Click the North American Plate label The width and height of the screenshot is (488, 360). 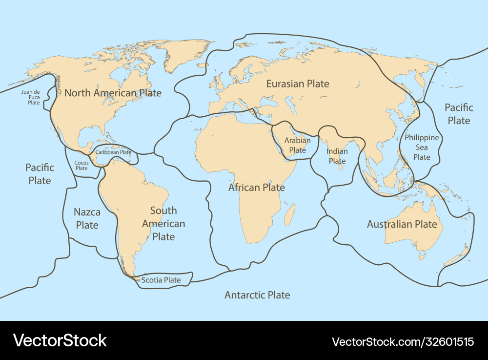coord(113,93)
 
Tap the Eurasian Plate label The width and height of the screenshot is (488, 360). coord(298,84)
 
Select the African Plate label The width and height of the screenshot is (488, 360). coord(257,187)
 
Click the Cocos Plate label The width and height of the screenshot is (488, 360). coord(81,166)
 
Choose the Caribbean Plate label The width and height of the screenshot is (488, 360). coord(113,152)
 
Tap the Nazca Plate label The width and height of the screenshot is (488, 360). coord(87,218)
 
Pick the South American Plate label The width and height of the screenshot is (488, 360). coord(163,223)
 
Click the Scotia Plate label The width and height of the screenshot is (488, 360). coord(161,280)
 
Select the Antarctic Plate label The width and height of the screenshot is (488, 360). coord(257,295)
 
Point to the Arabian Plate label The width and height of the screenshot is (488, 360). coord(297,145)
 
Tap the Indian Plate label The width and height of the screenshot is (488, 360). coord(337,156)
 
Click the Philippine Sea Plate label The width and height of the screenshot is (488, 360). coord(422,147)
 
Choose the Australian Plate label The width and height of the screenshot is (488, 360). coord(402,224)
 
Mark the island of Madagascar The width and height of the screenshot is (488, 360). coord(289,214)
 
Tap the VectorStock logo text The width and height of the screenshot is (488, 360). coord(60,340)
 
